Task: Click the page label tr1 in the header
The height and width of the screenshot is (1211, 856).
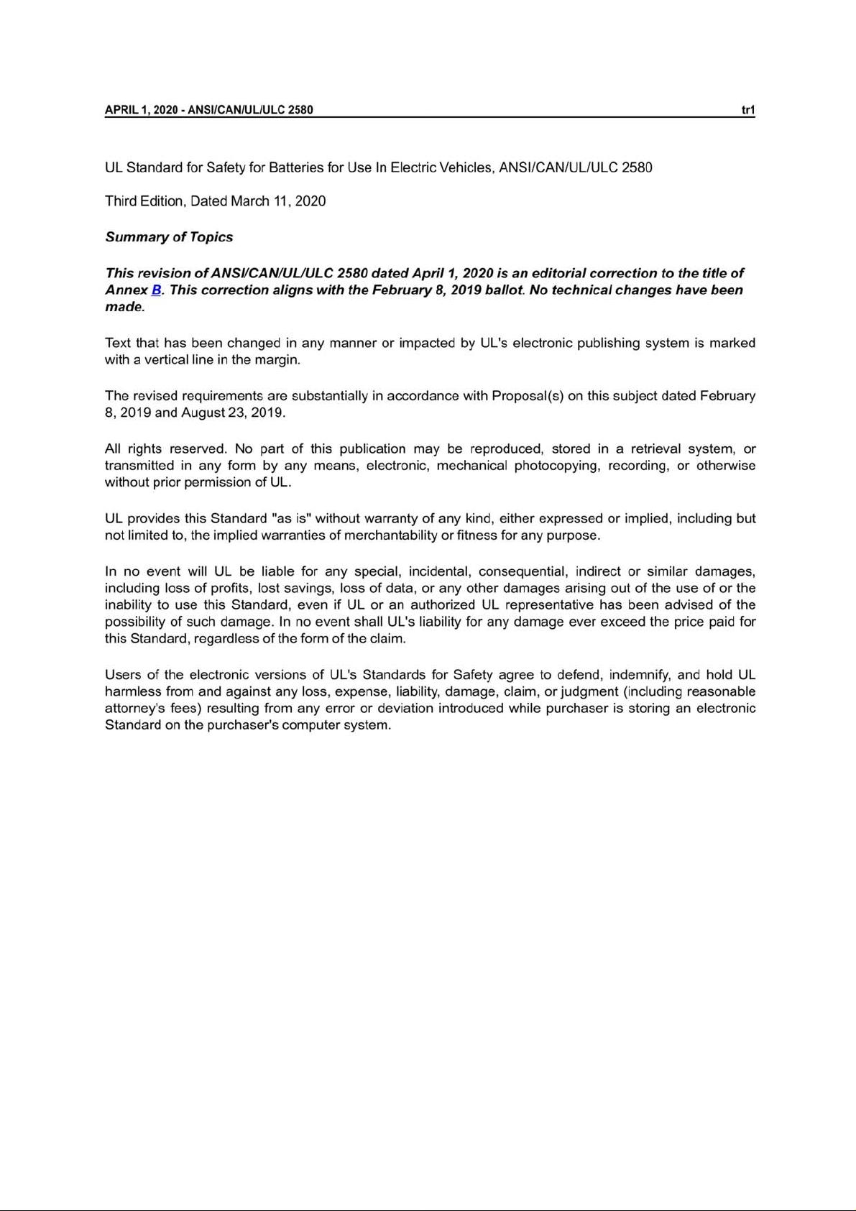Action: coord(747,110)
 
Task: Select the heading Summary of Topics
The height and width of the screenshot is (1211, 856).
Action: coord(169,237)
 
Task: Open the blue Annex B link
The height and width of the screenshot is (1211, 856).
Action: coord(156,290)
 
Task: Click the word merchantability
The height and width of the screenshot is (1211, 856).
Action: coord(390,535)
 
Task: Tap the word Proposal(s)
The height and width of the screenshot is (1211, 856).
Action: coord(527,396)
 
